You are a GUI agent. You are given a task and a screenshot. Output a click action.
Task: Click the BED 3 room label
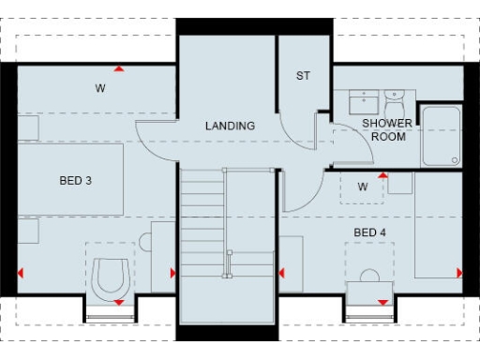(76, 180)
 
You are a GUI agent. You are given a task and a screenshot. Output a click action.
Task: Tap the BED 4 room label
(368, 232)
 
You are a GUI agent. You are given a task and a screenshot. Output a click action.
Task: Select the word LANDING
(230, 126)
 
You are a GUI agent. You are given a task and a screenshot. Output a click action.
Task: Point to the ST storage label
(303, 76)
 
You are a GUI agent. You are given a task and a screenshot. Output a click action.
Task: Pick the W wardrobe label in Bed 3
(98, 89)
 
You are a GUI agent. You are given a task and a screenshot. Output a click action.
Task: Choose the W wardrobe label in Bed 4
(362, 187)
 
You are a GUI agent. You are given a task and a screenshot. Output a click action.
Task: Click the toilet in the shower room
(394, 99)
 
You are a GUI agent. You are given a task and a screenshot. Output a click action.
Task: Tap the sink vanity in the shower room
(360, 101)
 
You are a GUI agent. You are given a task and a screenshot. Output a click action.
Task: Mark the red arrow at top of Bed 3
(119, 68)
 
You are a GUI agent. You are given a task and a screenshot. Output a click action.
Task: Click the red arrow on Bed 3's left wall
(21, 273)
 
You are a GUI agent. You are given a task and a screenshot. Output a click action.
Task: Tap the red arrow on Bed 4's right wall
(459, 273)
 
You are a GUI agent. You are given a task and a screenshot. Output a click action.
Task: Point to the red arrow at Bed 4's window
(382, 302)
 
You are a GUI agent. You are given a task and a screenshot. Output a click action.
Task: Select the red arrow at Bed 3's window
(119, 302)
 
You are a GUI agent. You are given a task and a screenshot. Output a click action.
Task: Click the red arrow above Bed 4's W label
(382, 175)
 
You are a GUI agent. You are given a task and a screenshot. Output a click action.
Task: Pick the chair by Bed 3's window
(111, 274)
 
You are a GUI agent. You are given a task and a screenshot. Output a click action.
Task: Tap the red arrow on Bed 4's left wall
(281, 273)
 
